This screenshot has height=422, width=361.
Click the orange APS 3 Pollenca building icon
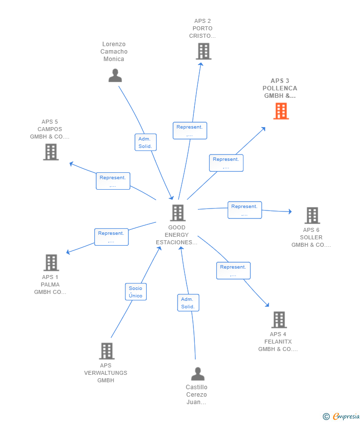point(281,111)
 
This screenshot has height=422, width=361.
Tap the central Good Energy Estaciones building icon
point(178,212)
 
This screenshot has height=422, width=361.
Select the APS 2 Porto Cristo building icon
point(203,51)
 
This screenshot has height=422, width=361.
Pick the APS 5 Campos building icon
point(51,152)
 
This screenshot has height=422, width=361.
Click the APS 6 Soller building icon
point(312,215)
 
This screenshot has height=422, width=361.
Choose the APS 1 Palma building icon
point(51,263)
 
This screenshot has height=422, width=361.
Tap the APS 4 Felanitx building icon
point(279,320)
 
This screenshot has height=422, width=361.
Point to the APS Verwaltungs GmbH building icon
point(107,351)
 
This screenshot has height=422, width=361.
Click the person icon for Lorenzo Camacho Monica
point(115,75)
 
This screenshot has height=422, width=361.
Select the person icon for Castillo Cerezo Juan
point(198,374)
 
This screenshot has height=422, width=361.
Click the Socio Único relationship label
point(135,292)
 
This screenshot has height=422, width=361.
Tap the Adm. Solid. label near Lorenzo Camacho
point(146,142)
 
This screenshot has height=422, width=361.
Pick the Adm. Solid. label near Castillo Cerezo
point(188,303)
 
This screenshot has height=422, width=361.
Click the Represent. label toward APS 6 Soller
point(244,210)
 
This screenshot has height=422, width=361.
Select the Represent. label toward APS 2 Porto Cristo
point(190,131)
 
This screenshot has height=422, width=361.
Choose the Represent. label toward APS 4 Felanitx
point(233,271)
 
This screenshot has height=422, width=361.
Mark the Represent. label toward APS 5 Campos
point(113,181)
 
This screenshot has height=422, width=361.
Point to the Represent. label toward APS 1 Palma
point(112,237)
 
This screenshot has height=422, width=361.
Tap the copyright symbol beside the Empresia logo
point(326,417)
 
